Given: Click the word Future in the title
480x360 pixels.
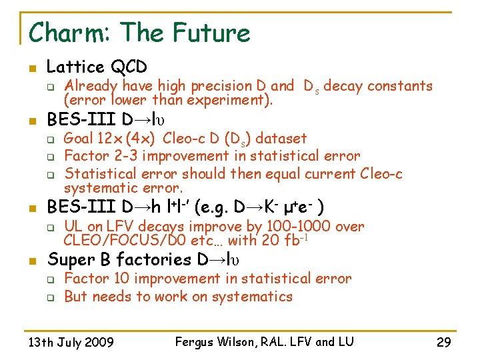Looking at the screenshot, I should click(212, 33).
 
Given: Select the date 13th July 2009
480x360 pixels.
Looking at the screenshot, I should click(71, 343).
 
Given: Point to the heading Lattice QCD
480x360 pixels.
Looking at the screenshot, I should click(97, 67).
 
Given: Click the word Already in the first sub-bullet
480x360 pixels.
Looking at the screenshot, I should click(90, 86).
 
